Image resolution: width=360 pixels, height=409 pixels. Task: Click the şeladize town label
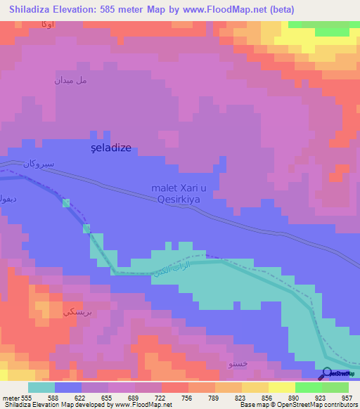coord(112,148)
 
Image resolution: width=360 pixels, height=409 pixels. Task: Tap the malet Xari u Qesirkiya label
coord(182,193)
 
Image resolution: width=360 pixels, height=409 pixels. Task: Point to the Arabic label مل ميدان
coord(71,80)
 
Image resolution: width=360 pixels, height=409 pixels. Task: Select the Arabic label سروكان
coord(38,164)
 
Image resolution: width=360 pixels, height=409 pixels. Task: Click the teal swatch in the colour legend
coord(41,387)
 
